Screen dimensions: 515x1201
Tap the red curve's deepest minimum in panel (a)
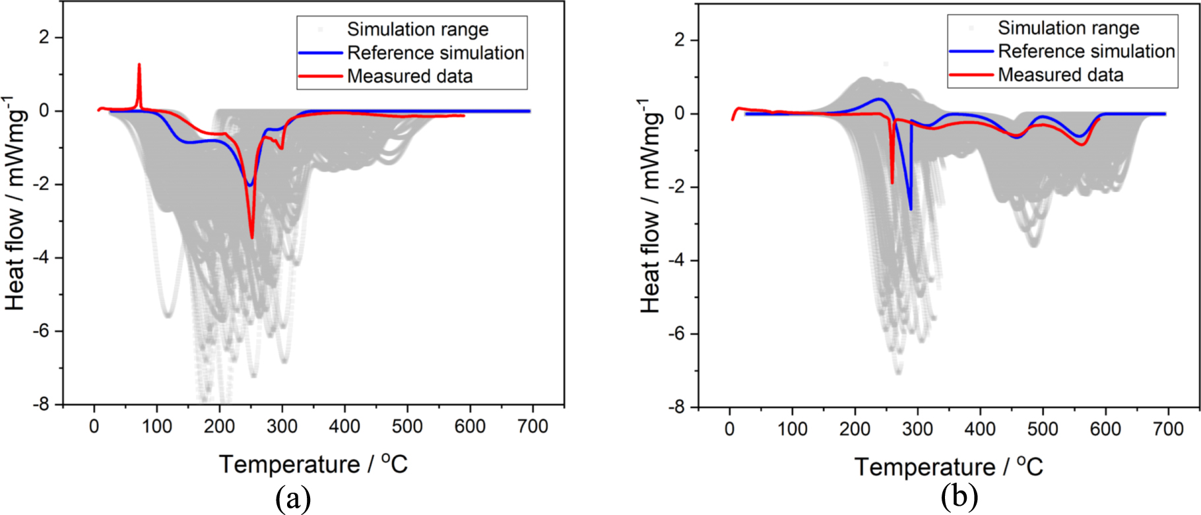point(252,236)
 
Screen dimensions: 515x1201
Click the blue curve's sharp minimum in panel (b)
point(911,208)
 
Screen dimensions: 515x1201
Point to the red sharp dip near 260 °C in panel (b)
point(892,182)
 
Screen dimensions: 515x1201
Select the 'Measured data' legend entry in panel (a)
point(409,76)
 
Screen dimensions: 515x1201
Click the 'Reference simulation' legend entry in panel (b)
point(1086,51)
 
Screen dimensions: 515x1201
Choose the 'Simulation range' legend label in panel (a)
point(417,30)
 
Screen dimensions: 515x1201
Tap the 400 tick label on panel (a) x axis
point(344,426)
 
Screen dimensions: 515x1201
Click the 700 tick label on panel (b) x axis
point(1167,429)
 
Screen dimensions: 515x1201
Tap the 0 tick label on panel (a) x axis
point(94,426)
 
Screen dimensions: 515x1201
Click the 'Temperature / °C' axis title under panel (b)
point(948,467)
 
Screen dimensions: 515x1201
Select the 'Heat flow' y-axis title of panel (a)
point(16,204)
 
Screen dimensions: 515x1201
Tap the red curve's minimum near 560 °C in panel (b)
point(1082,144)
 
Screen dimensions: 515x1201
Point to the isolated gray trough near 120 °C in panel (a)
point(168,315)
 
